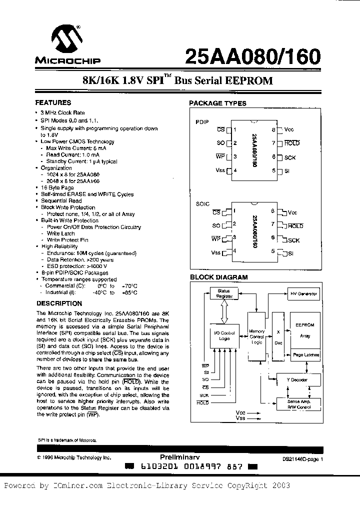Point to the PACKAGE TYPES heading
(x=217, y=103)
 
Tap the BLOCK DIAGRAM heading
(x=218, y=277)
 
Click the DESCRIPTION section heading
(x=59, y=303)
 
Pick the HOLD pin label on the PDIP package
(x=291, y=143)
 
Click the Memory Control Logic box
(x=256, y=336)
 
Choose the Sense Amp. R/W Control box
(x=299, y=404)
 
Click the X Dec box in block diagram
(x=278, y=337)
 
